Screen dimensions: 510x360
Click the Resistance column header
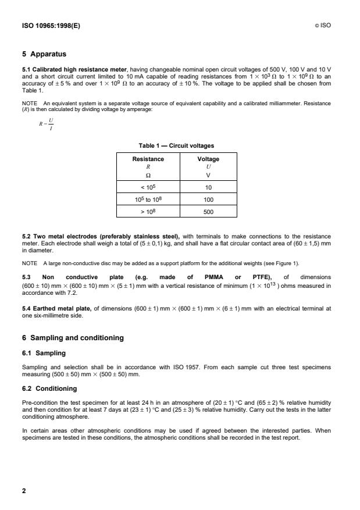tap(149, 159)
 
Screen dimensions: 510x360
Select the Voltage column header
tap(208, 159)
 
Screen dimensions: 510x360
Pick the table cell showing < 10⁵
tap(149, 187)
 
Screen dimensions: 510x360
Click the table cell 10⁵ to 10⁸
tap(149, 199)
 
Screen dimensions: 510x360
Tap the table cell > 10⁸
tap(149, 212)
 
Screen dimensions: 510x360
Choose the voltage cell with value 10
tap(208, 187)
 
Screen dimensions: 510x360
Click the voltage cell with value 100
tap(208, 199)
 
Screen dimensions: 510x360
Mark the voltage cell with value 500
tap(208, 212)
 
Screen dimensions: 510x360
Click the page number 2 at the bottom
tap(24, 491)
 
